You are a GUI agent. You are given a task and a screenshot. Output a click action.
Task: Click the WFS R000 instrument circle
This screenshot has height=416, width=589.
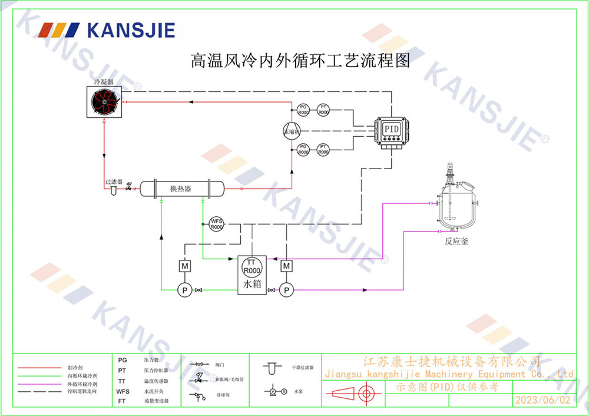point(217,224)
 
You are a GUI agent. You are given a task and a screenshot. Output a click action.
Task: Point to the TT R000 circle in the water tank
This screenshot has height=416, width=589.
point(252,266)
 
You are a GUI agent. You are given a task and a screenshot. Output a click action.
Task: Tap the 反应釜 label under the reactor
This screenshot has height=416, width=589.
point(456,241)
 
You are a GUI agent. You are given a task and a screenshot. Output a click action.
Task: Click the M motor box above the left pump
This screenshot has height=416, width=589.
point(184,266)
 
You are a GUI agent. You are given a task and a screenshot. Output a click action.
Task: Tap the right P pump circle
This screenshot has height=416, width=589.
point(286,290)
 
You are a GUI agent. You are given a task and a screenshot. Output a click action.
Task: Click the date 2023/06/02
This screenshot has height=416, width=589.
point(542,400)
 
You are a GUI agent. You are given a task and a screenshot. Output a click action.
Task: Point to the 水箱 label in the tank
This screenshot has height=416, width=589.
point(252,285)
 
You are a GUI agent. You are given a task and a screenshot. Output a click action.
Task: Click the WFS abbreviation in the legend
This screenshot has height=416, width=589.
point(123,391)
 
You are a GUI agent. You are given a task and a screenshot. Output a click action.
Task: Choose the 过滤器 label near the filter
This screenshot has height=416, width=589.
point(113,182)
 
